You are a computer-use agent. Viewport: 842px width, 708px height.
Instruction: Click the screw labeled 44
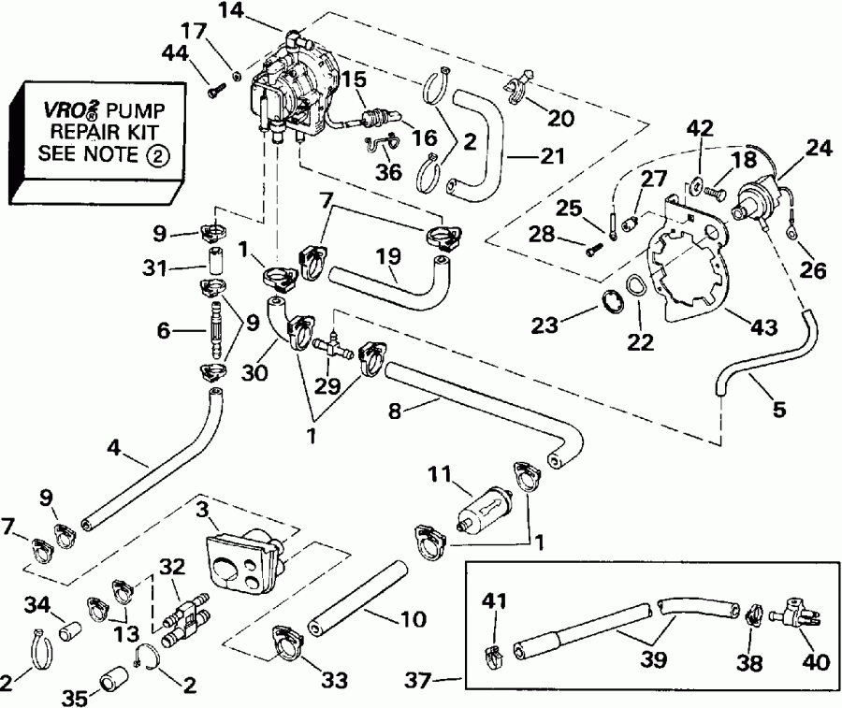pos(216,91)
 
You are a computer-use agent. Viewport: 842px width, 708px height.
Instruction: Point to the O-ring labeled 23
pos(611,302)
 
